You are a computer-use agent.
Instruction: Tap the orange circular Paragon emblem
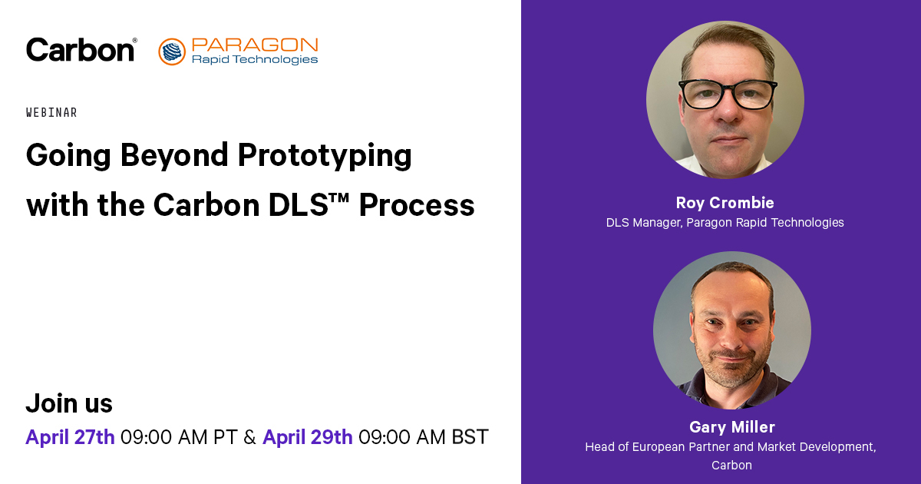[172, 51]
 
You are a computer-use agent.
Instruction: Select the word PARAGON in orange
[255, 45]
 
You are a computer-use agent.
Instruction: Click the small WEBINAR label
[51, 112]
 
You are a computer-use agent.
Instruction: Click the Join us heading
[69, 403]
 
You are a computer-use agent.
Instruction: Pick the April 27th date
[70, 436]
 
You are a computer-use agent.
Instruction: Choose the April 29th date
[308, 436]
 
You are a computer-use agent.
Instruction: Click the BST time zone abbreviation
[470, 436]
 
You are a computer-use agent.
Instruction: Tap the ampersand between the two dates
[249, 436]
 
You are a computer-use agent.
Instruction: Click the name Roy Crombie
[725, 203]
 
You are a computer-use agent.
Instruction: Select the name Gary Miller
[732, 427]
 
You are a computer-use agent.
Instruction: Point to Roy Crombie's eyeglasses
[728, 94]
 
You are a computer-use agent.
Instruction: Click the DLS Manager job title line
[725, 223]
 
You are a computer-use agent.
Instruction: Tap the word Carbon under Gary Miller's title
[732, 465]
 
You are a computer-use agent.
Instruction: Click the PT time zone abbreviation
[226, 436]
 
